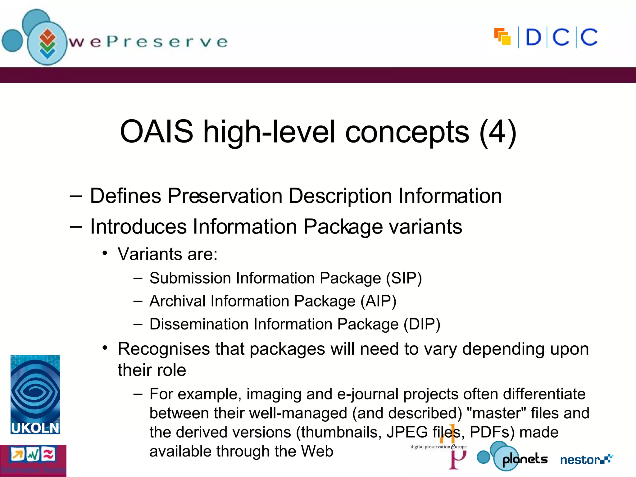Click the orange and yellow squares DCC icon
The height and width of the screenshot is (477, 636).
coord(502,37)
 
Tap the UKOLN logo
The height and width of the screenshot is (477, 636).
coord(35,394)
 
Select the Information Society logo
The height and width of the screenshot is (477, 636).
coord(33,460)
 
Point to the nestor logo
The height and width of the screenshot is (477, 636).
coord(586,459)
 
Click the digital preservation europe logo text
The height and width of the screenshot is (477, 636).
coord(438,447)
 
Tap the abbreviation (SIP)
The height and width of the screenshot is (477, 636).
coord(404,278)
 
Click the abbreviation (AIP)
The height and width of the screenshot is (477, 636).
coord(378,301)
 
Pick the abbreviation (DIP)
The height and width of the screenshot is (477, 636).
coord(422,324)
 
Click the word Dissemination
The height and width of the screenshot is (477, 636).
coord(199,324)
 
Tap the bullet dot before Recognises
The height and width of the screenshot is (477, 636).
coord(105,348)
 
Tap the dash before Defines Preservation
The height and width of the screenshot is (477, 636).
coord(76,196)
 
